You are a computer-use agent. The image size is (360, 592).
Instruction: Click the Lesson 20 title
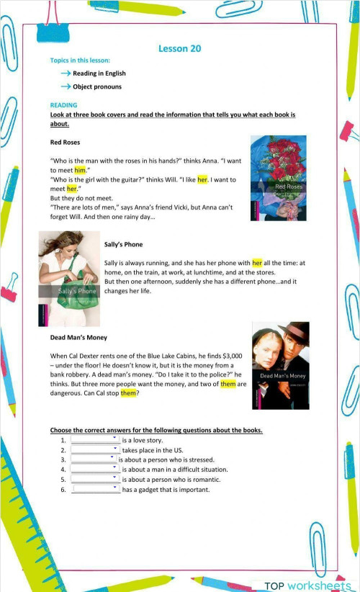click(179, 48)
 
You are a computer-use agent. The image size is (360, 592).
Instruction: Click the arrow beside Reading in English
click(65, 73)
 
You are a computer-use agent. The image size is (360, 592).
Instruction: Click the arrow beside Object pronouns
click(65, 87)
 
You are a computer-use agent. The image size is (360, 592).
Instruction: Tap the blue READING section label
click(63, 105)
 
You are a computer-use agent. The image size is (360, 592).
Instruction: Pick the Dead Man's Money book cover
click(281, 365)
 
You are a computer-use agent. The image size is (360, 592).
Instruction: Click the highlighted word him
click(80, 170)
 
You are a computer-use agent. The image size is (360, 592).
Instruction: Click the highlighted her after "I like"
click(202, 179)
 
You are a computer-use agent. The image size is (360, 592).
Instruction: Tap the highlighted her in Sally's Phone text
click(257, 264)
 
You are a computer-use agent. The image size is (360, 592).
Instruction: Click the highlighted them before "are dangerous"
click(228, 384)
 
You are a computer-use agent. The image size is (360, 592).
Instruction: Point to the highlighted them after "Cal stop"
click(128, 393)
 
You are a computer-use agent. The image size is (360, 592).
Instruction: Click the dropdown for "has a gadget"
click(96, 489)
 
